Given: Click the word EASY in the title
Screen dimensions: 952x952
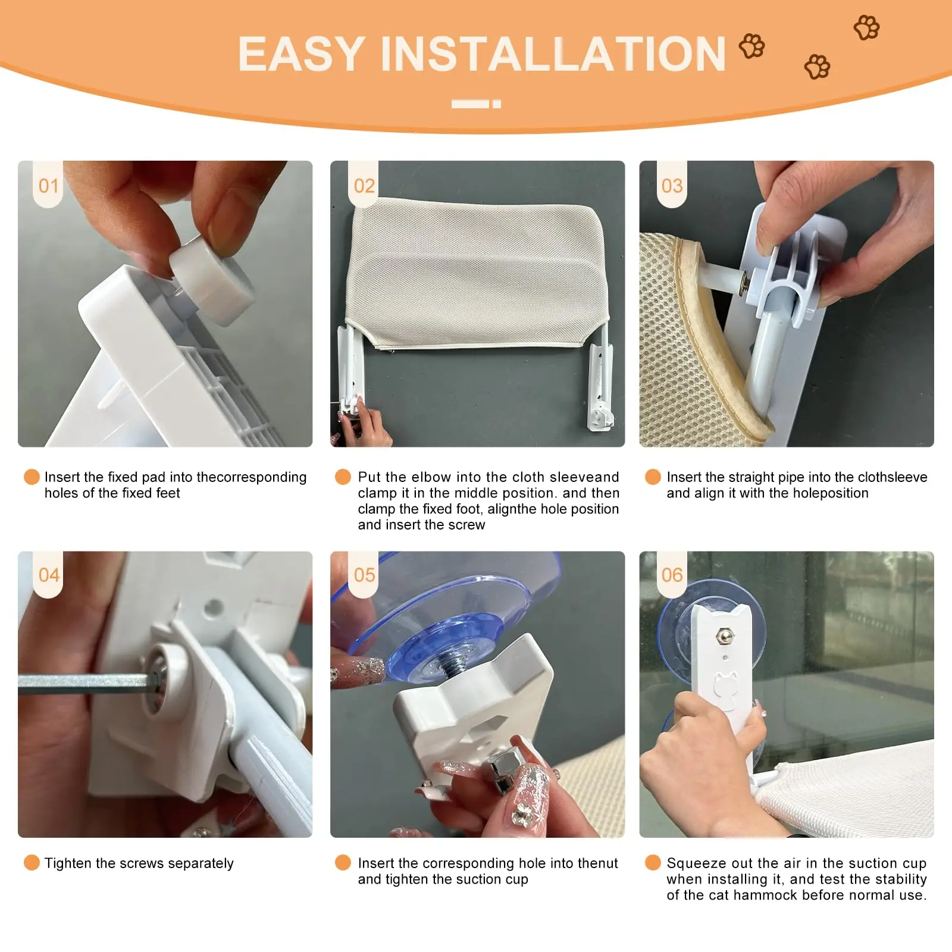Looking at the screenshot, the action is [x=302, y=54].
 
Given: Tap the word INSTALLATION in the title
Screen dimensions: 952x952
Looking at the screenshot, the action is [x=553, y=54].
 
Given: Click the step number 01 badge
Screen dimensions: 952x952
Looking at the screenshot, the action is [x=48, y=184].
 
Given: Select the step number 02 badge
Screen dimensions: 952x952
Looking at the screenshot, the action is [x=364, y=184].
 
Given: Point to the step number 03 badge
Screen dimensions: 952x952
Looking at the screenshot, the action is [x=672, y=184].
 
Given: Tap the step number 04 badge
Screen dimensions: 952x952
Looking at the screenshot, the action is [x=48, y=574].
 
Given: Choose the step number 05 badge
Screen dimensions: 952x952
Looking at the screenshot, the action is [x=364, y=574].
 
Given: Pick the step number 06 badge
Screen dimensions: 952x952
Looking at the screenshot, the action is [x=672, y=574].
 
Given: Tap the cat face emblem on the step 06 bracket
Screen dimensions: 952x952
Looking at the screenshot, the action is [x=725, y=685].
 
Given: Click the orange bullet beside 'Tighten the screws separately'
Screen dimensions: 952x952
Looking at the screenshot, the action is [x=32, y=863].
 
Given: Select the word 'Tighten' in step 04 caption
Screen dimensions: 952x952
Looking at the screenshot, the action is [x=68, y=863].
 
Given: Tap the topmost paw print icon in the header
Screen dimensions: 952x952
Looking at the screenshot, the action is [x=866, y=27].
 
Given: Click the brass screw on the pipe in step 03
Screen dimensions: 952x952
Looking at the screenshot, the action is [x=744, y=284].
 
